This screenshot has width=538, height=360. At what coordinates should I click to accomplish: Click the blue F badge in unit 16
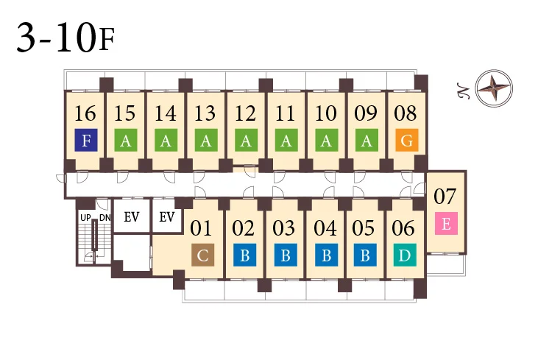[x=86, y=140]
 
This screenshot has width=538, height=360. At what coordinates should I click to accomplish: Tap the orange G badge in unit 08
[x=407, y=140]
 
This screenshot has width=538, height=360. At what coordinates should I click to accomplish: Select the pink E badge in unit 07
[x=447, y=223]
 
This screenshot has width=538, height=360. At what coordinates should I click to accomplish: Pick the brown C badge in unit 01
[x=203, y=255]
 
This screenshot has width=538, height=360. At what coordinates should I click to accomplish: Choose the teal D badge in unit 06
[x=405, y=255]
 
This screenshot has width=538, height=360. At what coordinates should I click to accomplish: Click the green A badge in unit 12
[x=247, y=140]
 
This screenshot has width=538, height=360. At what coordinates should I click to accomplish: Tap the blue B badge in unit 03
[x=286, y=255]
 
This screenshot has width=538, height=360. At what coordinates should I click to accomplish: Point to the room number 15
[x=125, y=113]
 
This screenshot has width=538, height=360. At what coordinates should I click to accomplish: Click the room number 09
[x=366, y=113]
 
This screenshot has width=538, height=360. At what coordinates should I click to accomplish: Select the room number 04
[x=325, y=228]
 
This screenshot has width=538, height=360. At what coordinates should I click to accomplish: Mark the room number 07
[x=445, y=197]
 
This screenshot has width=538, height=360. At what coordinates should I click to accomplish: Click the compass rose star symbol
[x=494, y=88]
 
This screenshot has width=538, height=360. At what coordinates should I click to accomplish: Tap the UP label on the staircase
[x=85, y=218]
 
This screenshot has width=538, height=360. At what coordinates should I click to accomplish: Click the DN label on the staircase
[x=105, y=218]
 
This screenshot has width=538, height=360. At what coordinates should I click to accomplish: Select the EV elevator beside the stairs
[x=132, y=217]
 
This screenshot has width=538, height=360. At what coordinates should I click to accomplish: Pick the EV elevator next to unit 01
[x=167, y=217]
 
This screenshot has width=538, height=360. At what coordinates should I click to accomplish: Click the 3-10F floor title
[x=66, y=38]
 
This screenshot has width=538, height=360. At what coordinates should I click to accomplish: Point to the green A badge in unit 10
[x=326, y=140]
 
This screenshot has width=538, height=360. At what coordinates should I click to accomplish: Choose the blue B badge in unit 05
[x=365, y=255]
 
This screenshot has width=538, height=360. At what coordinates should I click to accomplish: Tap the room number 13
[x=205, y=113]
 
